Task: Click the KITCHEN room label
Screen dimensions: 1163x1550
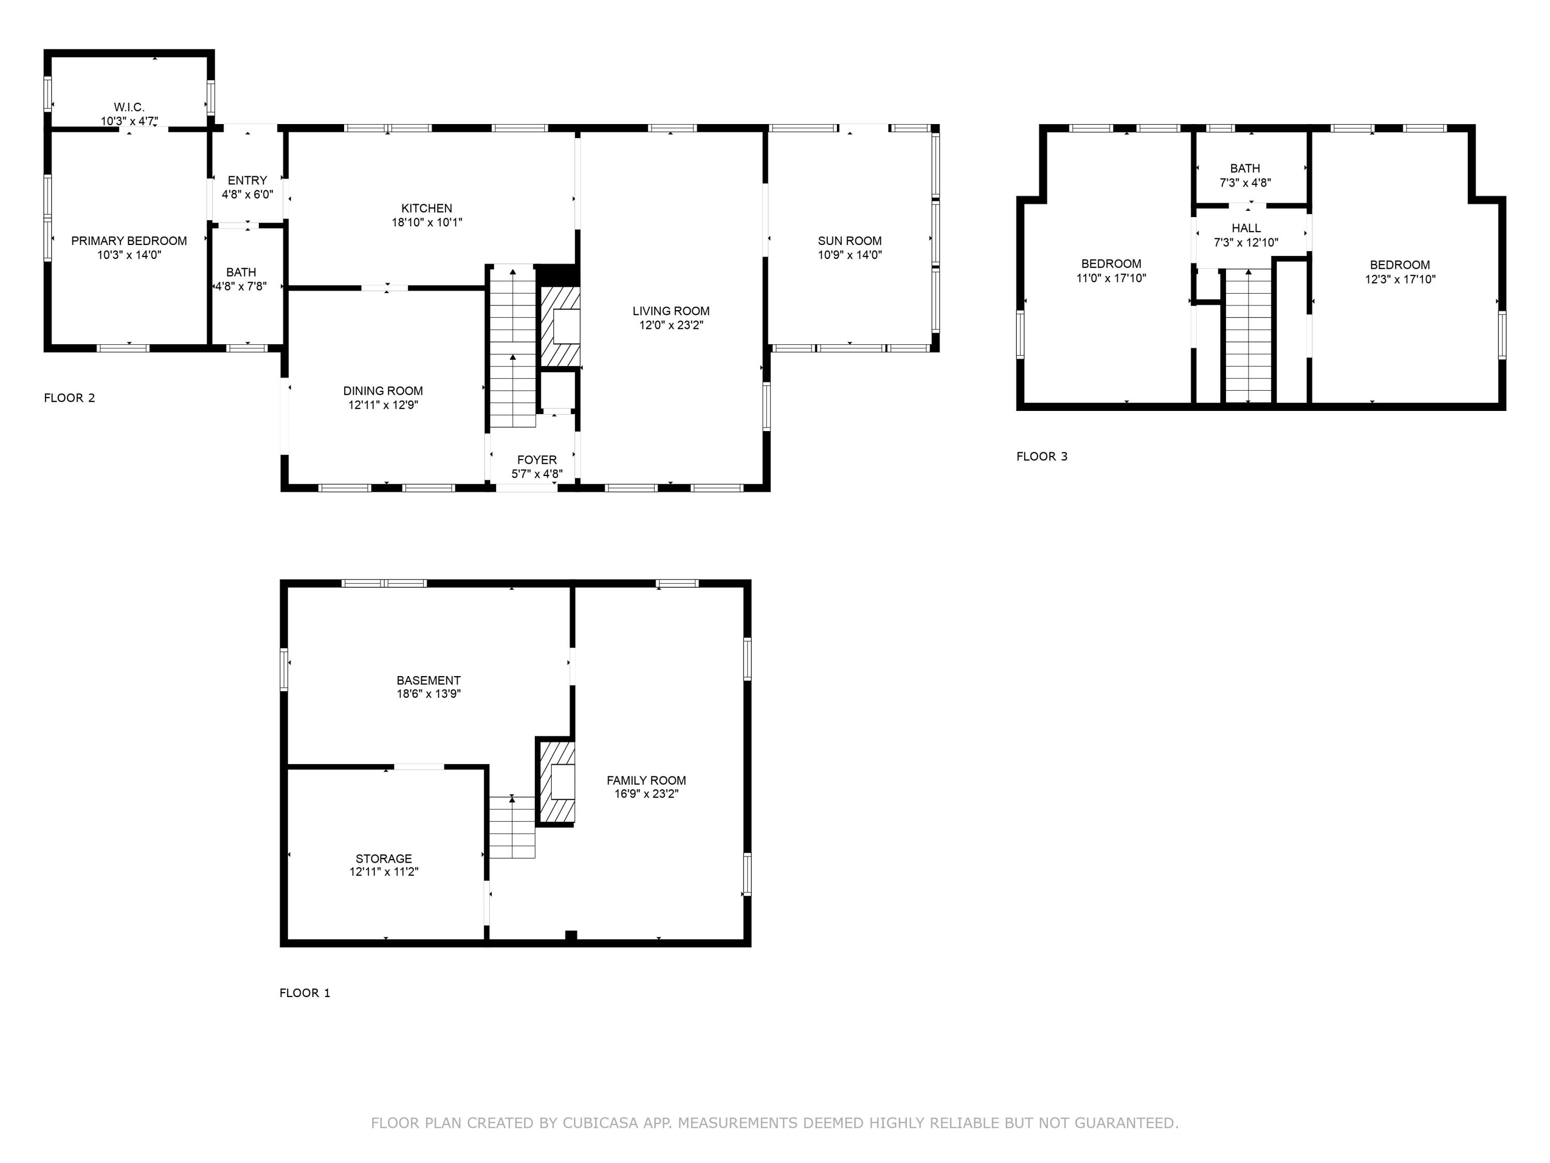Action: coord(426,208)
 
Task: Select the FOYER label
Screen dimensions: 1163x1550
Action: coord(537,460)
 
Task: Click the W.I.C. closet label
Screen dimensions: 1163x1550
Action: coord(129,108)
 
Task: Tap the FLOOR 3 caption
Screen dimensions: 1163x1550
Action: coord(1041,456)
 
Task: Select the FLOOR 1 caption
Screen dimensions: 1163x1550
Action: coord(304,992)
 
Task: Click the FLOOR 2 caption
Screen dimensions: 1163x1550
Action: coord(69,398)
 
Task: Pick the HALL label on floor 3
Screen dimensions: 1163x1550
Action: coord(1246,228)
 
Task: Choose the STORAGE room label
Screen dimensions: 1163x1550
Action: coord(383,859)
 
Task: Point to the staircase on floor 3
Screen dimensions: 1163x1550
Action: coord(1248,336)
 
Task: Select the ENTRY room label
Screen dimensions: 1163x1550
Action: coord(247,181)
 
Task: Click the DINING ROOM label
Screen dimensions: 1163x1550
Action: coord(383,391)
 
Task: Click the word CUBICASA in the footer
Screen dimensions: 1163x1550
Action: coord(600,1123)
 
